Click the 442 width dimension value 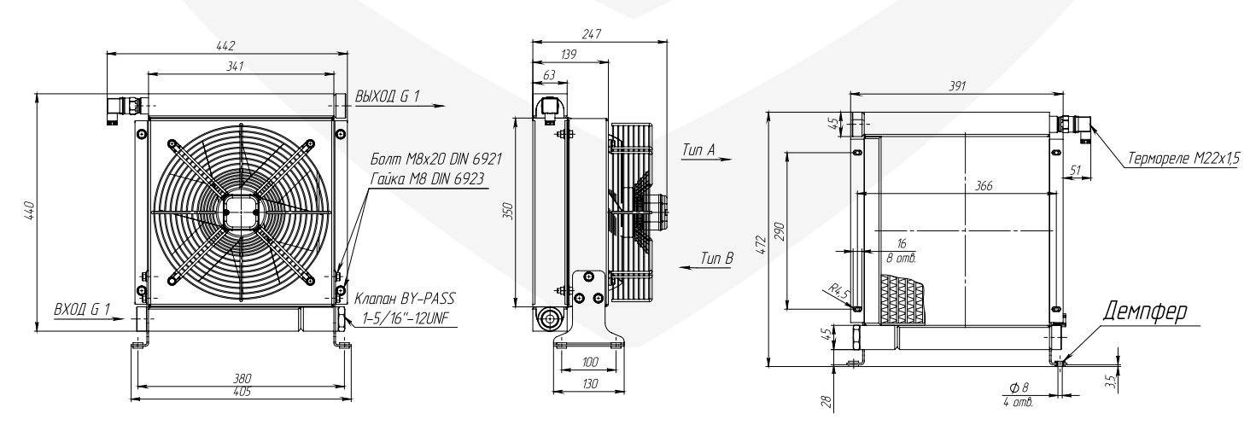click(225, 44)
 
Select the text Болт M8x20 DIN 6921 click(426, 160)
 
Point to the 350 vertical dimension click(507, 212)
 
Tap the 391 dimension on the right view click(958, 83)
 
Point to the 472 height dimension click(759, 242)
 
